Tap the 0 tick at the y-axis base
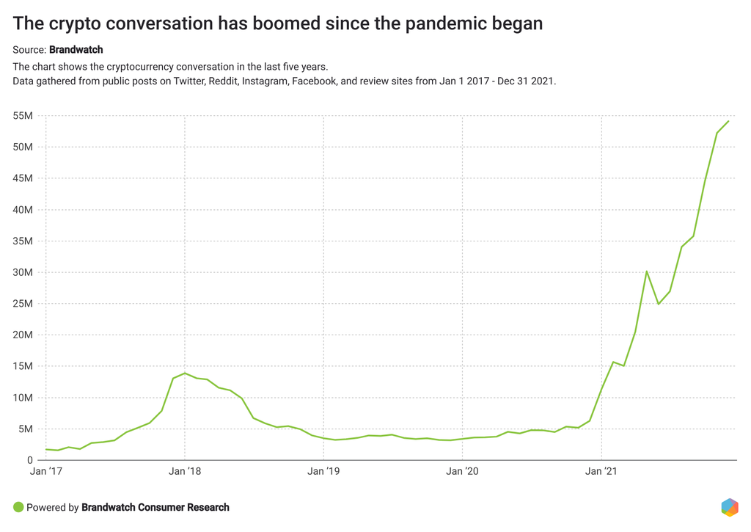[30, 460]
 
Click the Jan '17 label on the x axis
[45, 473]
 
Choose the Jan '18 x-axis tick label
[185, 473]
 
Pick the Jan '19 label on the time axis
[323, 473]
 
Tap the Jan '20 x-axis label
[463, 473]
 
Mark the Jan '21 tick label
[601, 473]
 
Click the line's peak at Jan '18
[185, 373]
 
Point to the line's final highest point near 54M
[728, 121]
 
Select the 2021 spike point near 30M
[647, 272]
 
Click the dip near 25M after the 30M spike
[659, 304]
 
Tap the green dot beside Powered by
[18, 507]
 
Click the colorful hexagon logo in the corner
[729, 507]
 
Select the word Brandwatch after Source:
[76, 50]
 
